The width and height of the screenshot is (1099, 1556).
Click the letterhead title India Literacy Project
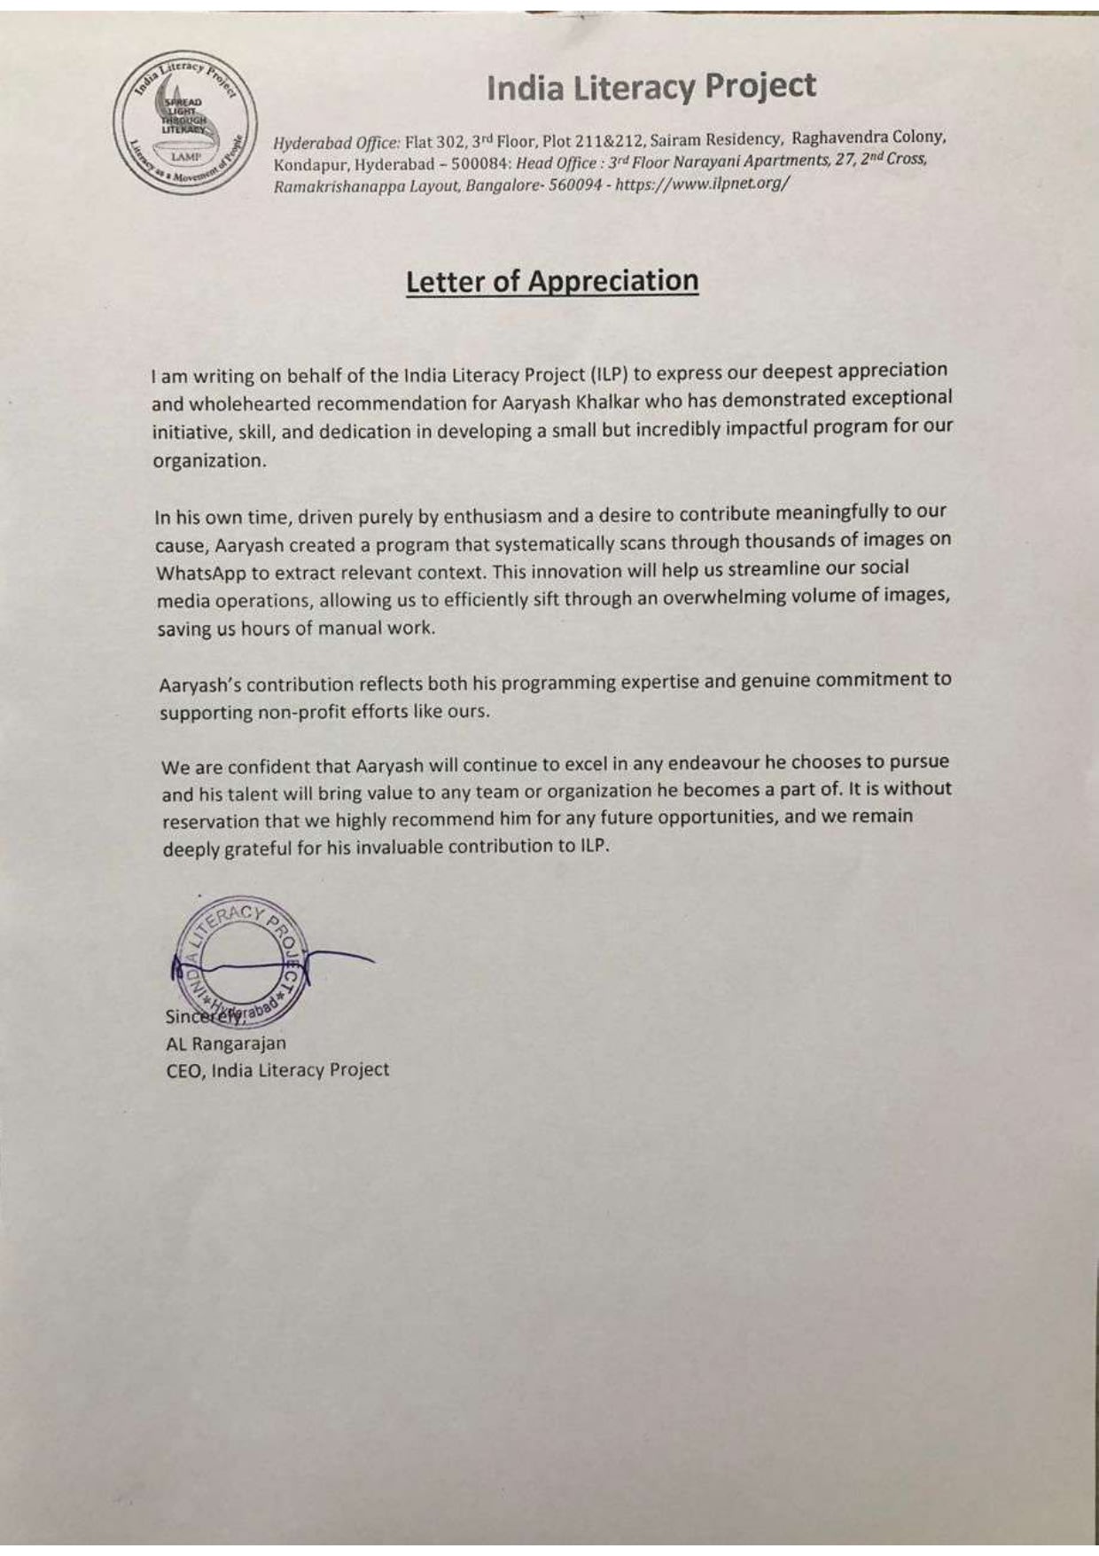(651, 87)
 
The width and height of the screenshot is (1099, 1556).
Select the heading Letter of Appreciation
(552, 281)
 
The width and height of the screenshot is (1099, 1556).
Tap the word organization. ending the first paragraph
(209, 461)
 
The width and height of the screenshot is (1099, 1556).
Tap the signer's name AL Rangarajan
(226, 1044)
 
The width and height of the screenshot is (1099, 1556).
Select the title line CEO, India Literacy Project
(277, 1070)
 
